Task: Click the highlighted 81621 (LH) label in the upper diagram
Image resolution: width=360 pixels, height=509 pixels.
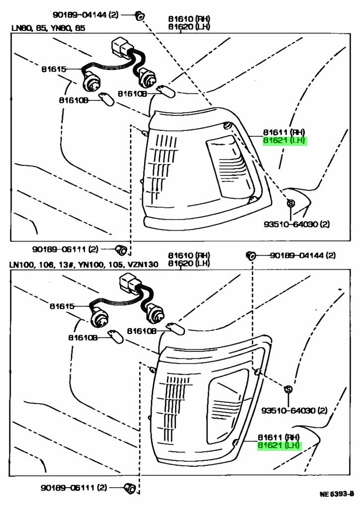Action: (x=285, y=141)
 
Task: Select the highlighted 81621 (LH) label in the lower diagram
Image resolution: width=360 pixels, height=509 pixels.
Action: (x=279, y=445)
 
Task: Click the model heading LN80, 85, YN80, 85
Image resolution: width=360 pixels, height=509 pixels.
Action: (x=48, y=28)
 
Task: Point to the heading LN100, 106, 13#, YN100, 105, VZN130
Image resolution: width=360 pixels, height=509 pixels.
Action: (x=84, y=264)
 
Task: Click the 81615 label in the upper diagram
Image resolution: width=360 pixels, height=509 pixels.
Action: (x=54, y=69)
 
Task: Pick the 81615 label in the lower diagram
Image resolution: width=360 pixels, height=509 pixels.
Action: (x=62, y=306)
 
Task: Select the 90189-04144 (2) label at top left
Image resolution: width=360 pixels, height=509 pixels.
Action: (x=83, y=15)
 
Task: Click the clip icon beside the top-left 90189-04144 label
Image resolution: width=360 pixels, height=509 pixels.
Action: (x=140, y=16)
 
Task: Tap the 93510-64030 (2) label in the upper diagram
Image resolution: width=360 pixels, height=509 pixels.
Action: (x=296, y=224)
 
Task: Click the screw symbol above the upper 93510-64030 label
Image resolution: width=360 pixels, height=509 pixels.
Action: (x=291, y=203)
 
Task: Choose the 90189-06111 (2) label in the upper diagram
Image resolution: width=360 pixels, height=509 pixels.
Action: (x=66, y=249)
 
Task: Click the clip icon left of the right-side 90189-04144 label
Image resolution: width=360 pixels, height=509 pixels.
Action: (x=251, y=255)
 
